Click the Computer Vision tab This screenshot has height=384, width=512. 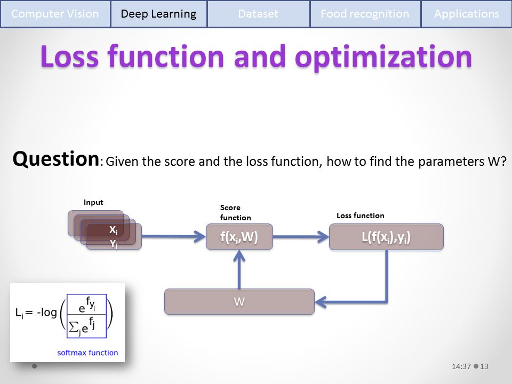55,14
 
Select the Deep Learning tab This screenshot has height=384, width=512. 159,14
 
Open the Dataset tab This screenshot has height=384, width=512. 258,14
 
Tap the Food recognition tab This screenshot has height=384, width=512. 365,14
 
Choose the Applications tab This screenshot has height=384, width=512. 467,14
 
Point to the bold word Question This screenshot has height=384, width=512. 56,159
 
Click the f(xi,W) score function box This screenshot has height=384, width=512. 239,237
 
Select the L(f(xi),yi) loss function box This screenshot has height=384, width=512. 386,237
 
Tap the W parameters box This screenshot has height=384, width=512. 239,302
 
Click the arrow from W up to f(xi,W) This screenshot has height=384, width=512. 239,269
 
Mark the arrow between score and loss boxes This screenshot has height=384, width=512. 301,236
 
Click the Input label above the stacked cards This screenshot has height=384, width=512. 93,203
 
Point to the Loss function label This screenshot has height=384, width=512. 361,215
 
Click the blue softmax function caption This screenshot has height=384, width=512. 87,353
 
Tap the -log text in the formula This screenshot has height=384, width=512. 47,313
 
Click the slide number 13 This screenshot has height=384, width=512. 484,366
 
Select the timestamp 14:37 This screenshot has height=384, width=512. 461,366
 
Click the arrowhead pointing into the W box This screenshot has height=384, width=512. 321,302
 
